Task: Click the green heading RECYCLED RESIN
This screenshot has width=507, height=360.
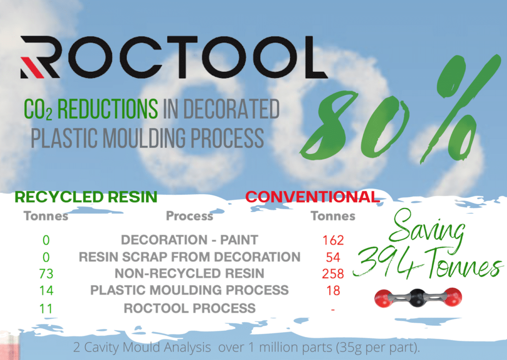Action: tap(86, 197)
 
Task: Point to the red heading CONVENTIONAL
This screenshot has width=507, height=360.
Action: tap(312, 197)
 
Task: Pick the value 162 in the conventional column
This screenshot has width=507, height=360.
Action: tap(333, 241)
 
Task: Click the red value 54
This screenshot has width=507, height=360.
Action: tap(333, 257)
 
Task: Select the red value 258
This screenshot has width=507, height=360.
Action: tap(333, 274)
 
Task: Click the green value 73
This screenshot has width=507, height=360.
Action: tap(46, 274)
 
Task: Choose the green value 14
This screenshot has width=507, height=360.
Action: tap(46, 291)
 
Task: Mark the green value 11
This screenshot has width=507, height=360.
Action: tap(46, 308)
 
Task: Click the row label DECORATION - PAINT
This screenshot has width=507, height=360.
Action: tap(190, 240)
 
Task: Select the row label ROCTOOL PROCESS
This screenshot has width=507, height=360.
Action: tap(190, 308)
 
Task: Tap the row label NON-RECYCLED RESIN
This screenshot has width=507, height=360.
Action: tap(190, 273)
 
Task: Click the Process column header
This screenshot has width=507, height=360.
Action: tap(190, 216)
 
